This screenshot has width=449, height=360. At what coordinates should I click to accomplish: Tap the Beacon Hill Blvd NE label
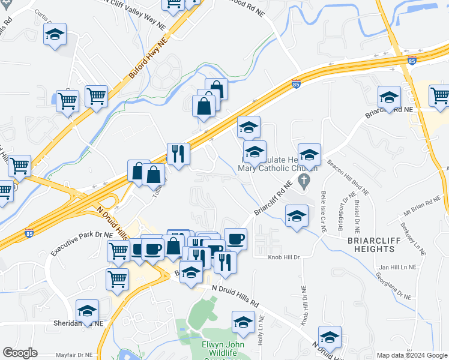click(x=348, y=178)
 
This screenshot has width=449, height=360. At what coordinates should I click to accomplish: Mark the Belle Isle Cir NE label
click(x=323, y=209)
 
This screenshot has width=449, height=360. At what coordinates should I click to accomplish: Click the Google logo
click(x=20, y=353)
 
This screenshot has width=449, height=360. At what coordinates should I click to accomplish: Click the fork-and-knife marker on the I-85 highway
click(x=178, y=154)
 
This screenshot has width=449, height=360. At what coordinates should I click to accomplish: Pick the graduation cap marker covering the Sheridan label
click(x=87, y=311)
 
